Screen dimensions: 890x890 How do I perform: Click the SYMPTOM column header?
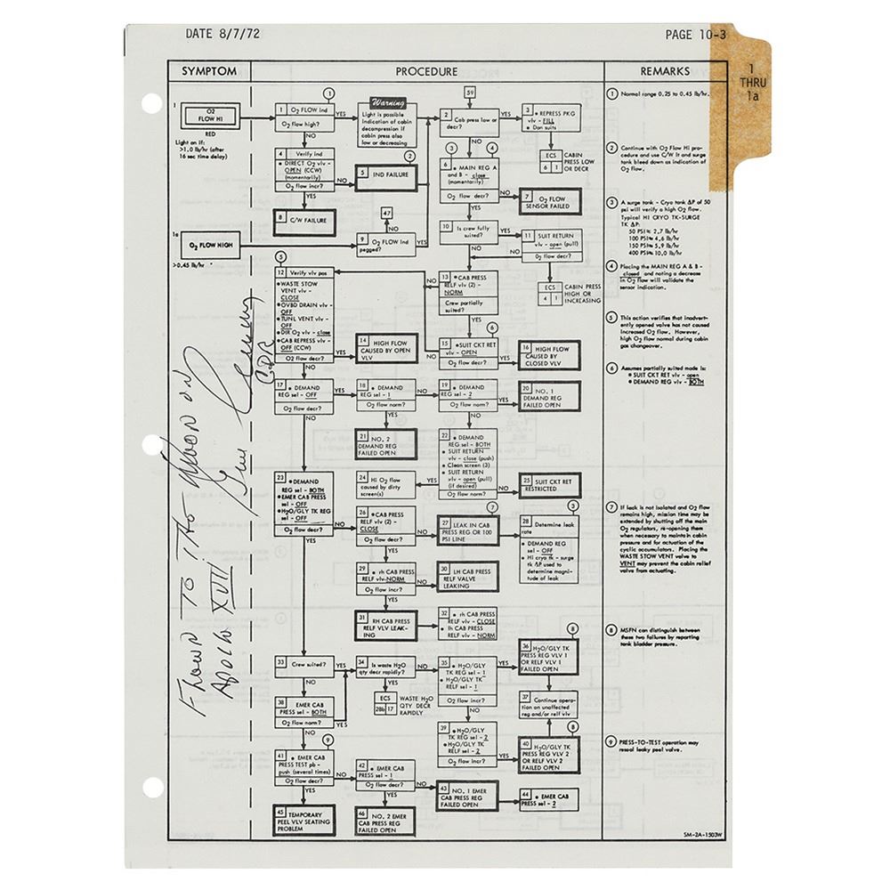[209, 71]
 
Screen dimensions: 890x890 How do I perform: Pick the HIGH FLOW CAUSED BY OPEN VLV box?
[386, 351]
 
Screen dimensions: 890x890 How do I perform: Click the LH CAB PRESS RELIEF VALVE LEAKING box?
[466, 578]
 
